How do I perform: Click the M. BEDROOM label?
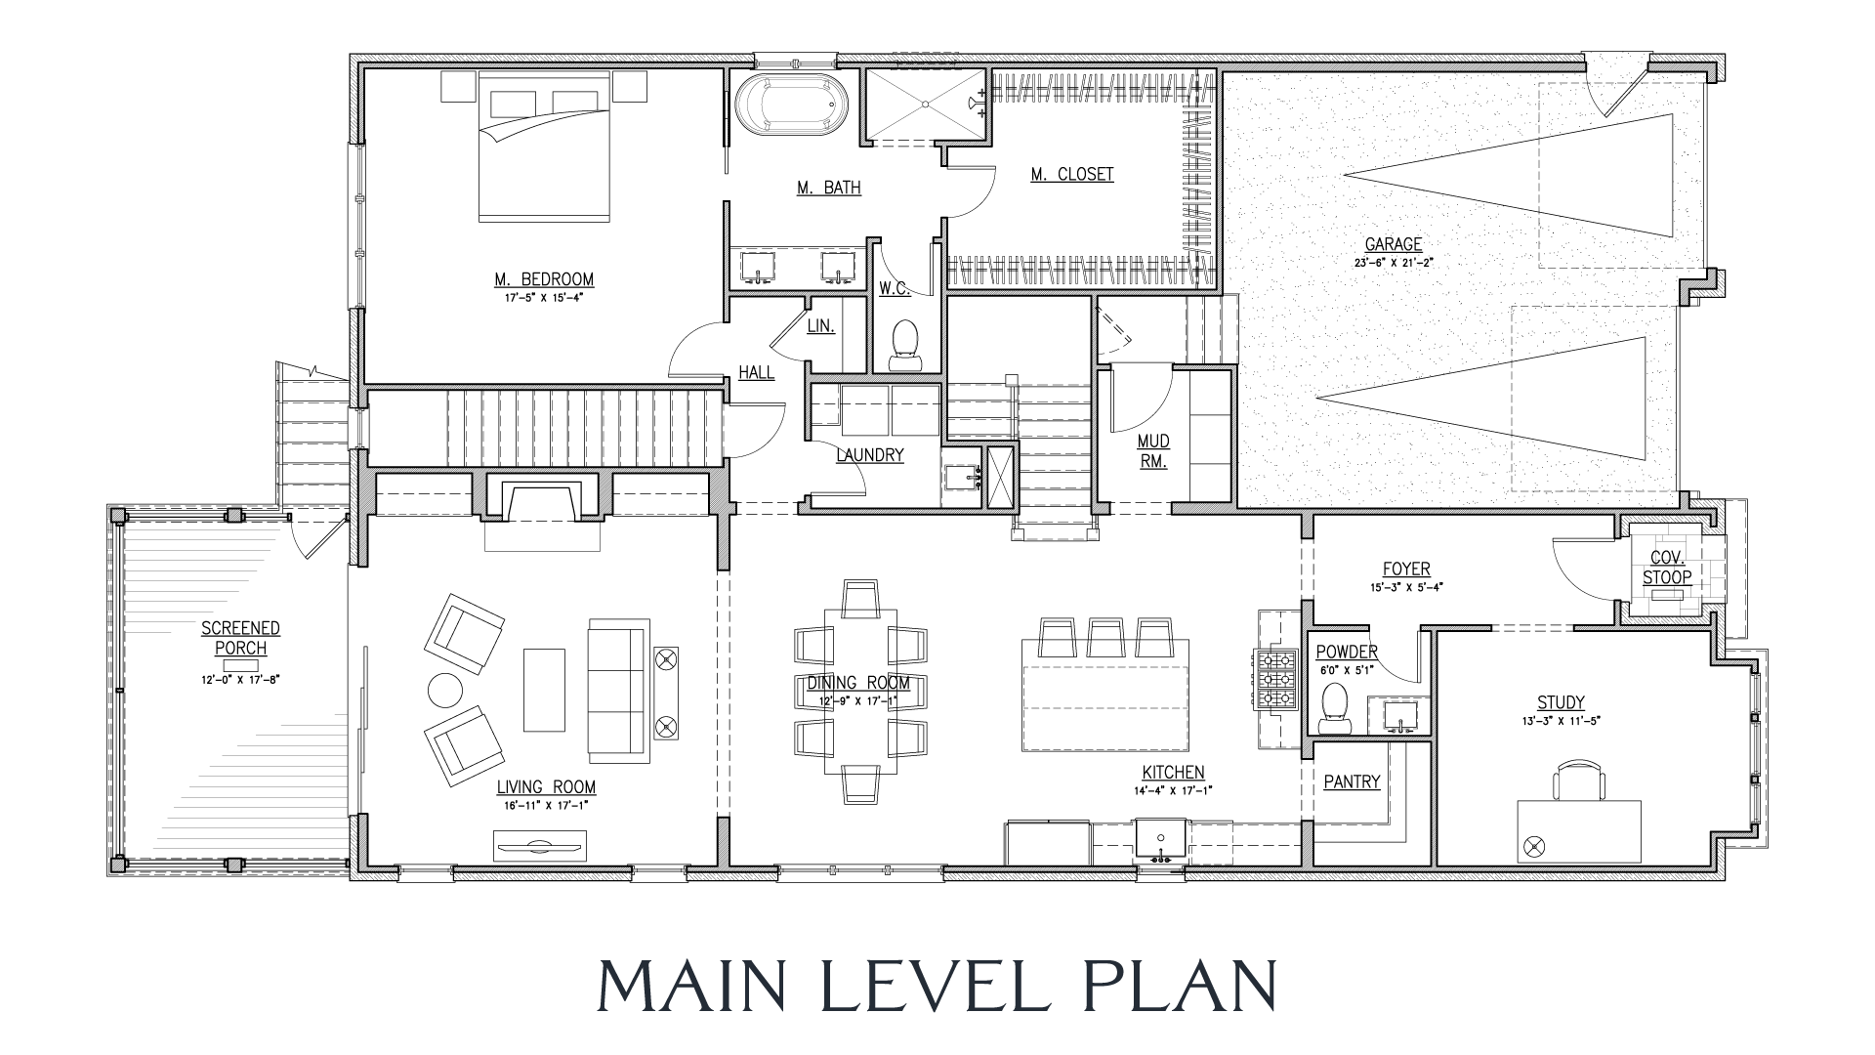544,279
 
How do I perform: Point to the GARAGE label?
1394,244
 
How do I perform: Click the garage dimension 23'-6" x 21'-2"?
1394,263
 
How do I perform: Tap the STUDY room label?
1561,702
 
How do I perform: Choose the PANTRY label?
1353,781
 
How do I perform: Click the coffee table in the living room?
544,690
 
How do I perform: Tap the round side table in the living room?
445,691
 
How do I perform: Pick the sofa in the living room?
618,690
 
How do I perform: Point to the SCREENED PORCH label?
240,638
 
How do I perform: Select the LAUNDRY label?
870,454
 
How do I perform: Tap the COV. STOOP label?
1667,568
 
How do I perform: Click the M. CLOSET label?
1072,175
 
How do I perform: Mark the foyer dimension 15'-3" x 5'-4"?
1406,588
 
